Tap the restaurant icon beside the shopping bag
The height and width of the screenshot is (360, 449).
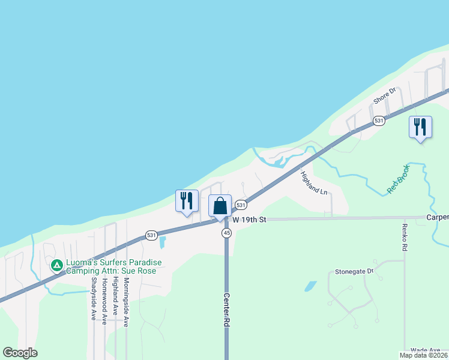[x=187, y=200]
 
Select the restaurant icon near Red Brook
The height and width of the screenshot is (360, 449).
[x=420, y=127]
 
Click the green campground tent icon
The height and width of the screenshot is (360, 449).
[x=56, y=265]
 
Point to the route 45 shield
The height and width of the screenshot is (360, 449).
[x=226, y=233]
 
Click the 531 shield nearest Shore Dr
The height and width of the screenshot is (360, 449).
[x=378, y=121]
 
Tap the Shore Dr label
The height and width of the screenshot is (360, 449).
[x=385, y=96]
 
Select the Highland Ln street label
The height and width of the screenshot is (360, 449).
[x=314, y=183]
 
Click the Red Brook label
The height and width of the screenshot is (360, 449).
[x=397, y=178]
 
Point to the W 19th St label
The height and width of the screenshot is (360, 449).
[x=249, y=220]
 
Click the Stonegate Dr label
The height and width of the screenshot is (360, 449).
[x=358, y=271]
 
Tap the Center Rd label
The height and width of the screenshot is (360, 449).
[x=227, y=309]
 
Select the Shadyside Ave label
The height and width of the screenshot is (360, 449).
[x=94, y=298]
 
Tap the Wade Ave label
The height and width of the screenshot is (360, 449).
[x=426, y=350]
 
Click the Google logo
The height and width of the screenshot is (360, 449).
[x=20, y=353]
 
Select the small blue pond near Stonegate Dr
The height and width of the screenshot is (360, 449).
[x=310, y=286]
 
